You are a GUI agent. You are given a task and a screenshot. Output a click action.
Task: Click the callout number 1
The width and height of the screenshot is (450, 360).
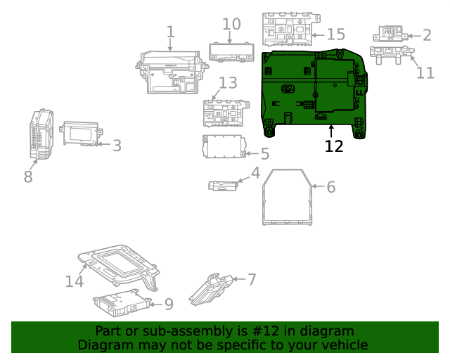click(x=170, y=32)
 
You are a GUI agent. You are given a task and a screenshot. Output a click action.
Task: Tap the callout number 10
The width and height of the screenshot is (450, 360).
click(x=231, y=24)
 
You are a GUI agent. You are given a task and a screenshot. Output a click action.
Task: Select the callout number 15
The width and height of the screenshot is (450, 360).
click(x=335, y=34)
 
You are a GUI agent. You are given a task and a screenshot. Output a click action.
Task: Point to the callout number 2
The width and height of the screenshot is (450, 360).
click(x=426, y=35)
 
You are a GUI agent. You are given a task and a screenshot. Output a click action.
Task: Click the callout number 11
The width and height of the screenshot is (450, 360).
click(x=425, y=72)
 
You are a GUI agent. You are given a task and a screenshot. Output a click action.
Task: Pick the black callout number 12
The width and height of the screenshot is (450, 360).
click(x=334, y=146)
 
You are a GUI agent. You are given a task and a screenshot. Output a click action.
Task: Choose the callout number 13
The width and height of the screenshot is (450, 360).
click(x=227, y=84)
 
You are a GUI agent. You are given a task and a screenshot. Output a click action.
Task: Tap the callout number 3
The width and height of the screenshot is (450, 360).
click(x=117, y=146)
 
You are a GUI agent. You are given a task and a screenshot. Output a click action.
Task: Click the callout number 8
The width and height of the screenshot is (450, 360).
click(x=28, y=176)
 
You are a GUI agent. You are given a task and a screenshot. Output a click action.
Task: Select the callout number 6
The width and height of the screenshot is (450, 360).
click(x=330, y=186)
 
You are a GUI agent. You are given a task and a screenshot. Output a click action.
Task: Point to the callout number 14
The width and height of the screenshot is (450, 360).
click(x=75, y=281)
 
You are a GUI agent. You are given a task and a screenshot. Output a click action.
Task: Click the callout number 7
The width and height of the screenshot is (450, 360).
click(x=251, y=279)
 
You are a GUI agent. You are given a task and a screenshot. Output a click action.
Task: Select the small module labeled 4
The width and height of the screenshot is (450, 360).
click(x=223, y=185)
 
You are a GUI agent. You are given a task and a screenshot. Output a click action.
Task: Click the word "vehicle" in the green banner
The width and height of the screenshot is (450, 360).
click(x=341, y=345)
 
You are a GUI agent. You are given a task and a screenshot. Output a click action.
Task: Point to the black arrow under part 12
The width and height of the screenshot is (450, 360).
click(x=331, y=130)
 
